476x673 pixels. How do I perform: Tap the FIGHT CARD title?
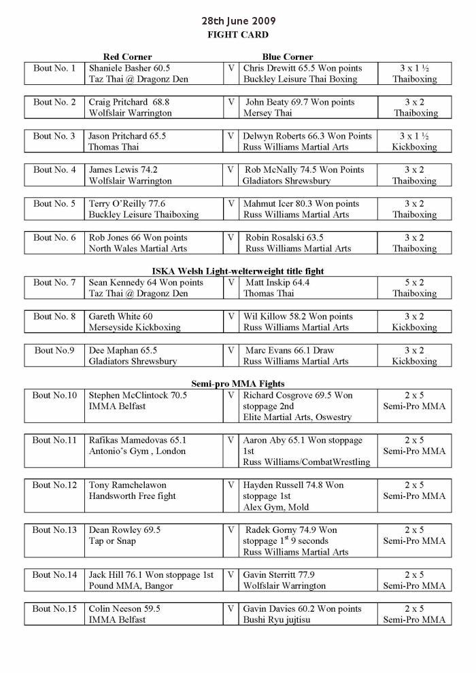[237, 35]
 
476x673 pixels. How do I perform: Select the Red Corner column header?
[127, 56]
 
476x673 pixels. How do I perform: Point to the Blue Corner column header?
[288, 56]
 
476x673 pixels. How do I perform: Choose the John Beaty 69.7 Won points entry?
[300, 102]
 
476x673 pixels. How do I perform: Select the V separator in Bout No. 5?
[231, 203]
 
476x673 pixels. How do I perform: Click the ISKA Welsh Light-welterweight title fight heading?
[237, 271]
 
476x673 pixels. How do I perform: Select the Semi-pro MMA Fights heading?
[237, 383]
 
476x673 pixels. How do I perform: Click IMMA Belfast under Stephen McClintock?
[117, 407]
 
